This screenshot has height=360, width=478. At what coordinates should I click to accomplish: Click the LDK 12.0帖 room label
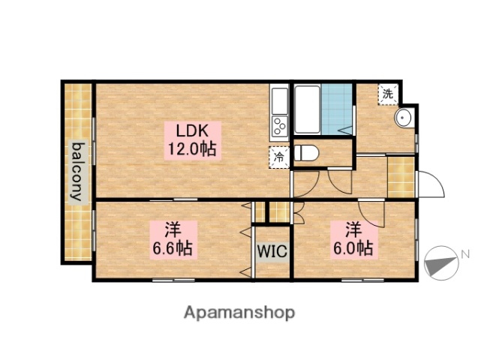pyautogui.click(x=191, y=139)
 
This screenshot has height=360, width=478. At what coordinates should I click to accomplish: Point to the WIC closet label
pyautogui.click(x=272, y=252)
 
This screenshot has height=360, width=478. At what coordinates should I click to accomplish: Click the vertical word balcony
pyautogui.click(x=77, y=171)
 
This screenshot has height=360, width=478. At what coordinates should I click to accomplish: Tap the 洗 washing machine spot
pyautogui.click(x=387, y=94)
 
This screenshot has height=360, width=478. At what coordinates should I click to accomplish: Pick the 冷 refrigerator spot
pyautogui.click(x=278, y=157)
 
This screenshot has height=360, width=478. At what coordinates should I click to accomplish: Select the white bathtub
pyautogui.click(x=308, y=108)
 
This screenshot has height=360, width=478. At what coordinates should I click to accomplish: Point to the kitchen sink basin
pyautogui.click(x=278, y=98)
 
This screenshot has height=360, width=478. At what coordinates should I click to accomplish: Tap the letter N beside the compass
pyautogui.click(x=465, y=253)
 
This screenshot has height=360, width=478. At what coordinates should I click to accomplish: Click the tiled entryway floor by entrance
pyautogui.click(x=401, y=175)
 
